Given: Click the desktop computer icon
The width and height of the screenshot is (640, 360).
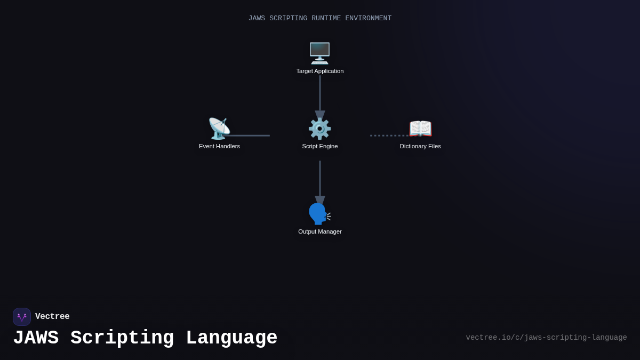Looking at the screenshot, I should click(x=319, y=53).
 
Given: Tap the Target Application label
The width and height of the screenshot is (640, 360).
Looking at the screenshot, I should click(x=320, y=71).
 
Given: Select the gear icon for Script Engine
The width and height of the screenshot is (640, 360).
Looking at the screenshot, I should click(x=319, y=129).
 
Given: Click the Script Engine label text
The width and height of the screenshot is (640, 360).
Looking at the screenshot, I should click(x=320, y=146).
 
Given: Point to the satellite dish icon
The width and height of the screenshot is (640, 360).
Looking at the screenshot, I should click(x=219, y=129).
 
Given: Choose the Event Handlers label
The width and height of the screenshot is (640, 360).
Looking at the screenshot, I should click(x=219, y=146).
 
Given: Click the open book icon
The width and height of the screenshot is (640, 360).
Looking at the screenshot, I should click(x=420, y=129).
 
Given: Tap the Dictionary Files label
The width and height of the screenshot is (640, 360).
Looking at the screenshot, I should click(x=420, y=146).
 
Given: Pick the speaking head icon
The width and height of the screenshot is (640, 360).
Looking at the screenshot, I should click(x=319, y=214).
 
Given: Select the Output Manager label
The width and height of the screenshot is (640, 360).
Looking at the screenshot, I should click(x=320, y=231).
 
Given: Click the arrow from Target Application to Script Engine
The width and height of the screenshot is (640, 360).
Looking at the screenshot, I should click(x=320, y=96).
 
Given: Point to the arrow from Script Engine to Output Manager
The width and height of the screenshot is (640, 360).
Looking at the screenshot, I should click(x=320, y=181).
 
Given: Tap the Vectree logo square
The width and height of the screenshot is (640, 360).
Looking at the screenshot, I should click(x=22, y=317).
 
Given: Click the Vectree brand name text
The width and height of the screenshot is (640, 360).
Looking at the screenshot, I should click(x=52, y=317).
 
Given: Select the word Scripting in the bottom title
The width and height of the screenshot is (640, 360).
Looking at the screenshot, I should click(x=122, y=338).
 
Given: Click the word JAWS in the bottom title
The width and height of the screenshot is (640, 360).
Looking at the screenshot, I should click(x=36, y=338).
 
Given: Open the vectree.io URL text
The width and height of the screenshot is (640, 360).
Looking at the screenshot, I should click(x=546, y=338).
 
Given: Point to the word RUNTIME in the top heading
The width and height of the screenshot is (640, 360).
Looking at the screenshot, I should click(x=326, y=18).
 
